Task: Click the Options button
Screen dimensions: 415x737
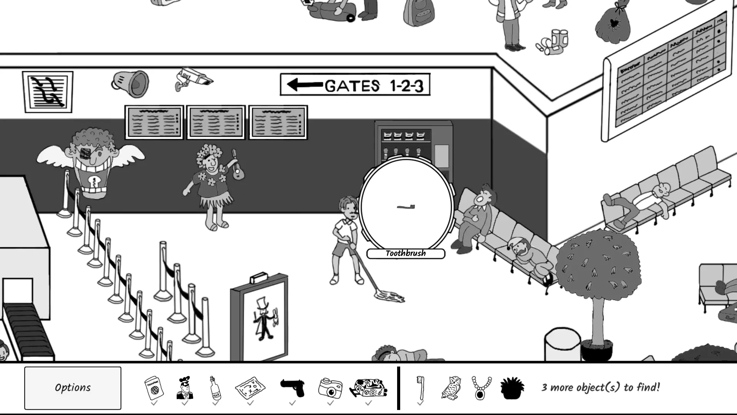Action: [73, 388]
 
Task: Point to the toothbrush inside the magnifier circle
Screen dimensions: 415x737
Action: [406, 207]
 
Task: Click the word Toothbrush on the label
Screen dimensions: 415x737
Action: [406, 253]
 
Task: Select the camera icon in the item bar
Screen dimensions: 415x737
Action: [330, 388]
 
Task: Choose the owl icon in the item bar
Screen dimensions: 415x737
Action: [451, 388]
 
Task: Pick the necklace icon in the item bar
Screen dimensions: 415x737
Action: [481, 388]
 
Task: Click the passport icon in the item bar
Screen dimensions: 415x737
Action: [154, 388]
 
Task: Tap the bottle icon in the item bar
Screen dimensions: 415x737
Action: [215, 388]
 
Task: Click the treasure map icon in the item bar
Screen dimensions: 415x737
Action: [250, 388]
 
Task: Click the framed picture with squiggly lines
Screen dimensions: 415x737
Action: [48, 92]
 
